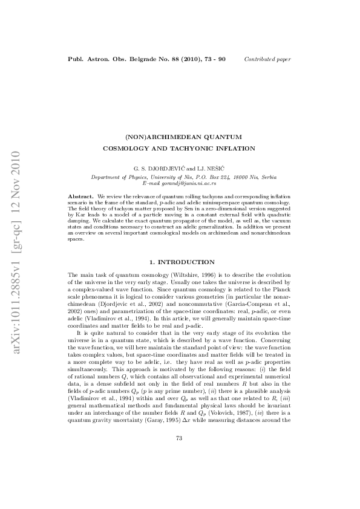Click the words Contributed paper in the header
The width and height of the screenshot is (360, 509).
click(x=267, y=59)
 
